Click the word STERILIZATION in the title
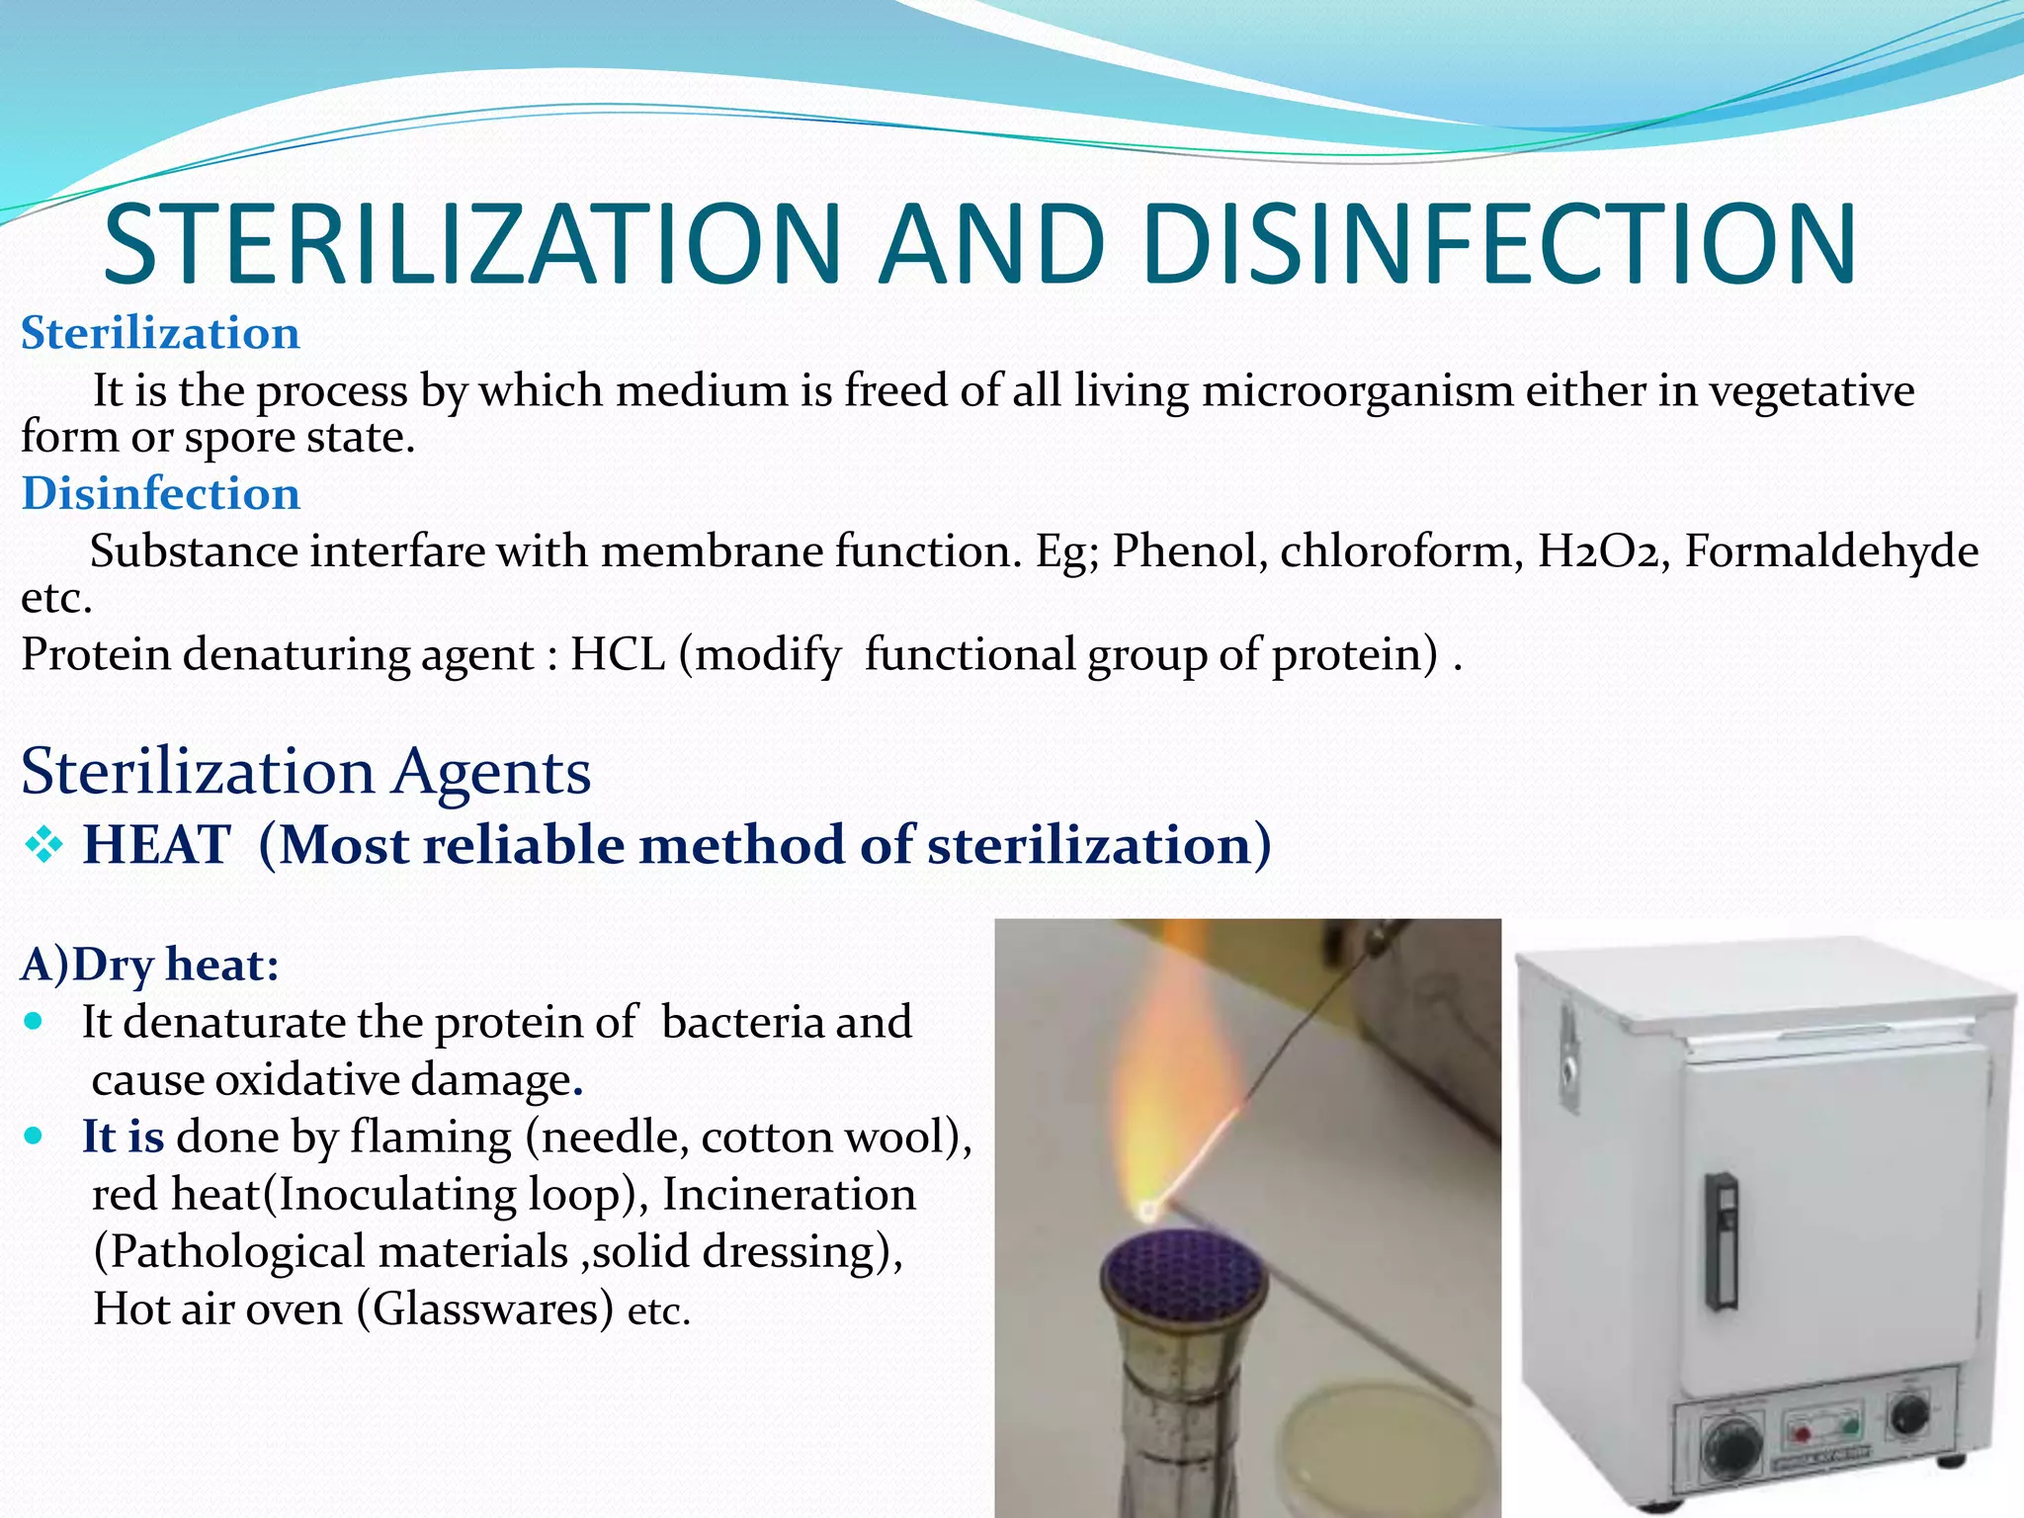click(x=472, y=245)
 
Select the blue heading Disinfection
click(x=161, y=493)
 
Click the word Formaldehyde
click(x=1831, y=550)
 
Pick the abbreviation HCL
click(x=618, y=654)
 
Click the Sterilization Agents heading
click(x=306, y=771)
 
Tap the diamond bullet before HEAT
click(x=43, y=846)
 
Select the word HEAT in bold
click(x=156, y=846)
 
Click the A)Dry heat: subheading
click(x=150, y=965)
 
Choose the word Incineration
click(x=789, y=1194)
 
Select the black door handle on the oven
click(x=1723, y=1241)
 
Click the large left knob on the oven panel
click(x=1731, y=1450)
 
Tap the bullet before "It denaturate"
click(x=36, y=1021)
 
